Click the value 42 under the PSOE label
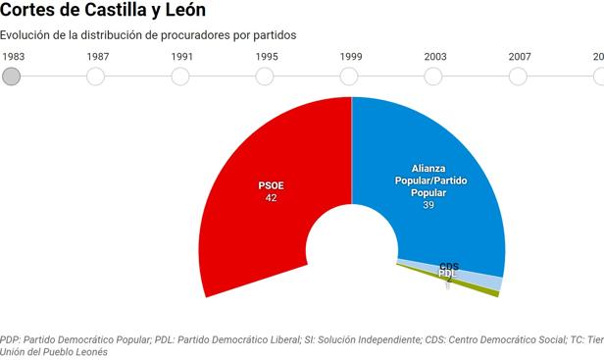click(x=272, y=197)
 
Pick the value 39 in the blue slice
click(x=428, y=205)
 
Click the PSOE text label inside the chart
click(x=272, y=184)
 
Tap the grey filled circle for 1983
click(x=12, y=77)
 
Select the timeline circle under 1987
click(x=97, y=77)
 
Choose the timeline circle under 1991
click(x=181, y=77)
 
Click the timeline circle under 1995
click(x=266, y=77)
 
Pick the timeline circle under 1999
click(x=350, y=77)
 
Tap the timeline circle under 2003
click(x=434, y=77)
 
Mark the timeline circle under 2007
click(x=519, y=77)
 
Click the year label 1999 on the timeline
click(x=350, y=57)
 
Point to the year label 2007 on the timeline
click(x=520, y=57)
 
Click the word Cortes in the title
click(x=30, y=12)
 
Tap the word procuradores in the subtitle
click(x=206, y=35)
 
